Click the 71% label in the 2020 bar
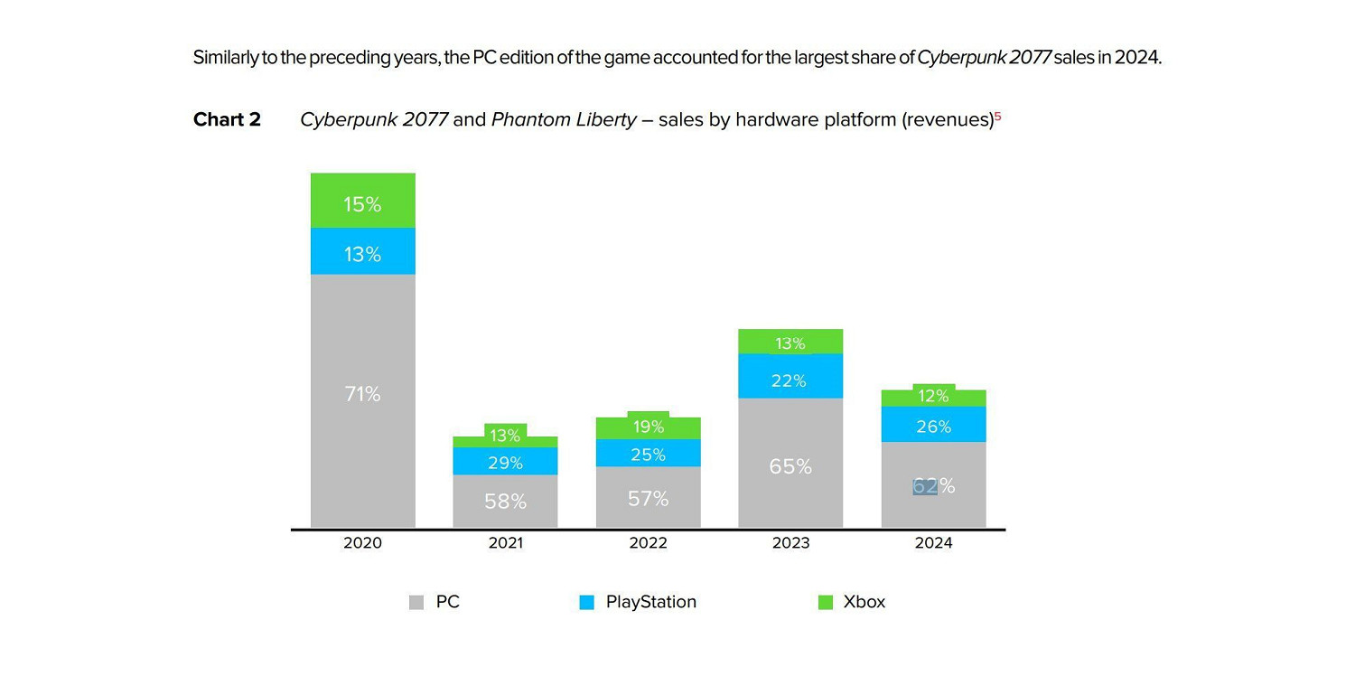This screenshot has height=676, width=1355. [362, 394]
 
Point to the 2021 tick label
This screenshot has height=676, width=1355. [505, 543]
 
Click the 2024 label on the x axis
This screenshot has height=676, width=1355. [933, 543]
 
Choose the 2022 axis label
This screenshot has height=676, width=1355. [648, 543]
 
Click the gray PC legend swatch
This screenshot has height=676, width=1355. [416, 603]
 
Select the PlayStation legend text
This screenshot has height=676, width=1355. [650, 602]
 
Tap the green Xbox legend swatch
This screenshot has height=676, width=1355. [825, 603]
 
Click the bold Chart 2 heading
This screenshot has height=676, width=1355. [227, 119]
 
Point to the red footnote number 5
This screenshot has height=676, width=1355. [998, 116]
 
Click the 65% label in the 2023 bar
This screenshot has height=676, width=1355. [790, 466]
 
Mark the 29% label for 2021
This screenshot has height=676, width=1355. [505, 463]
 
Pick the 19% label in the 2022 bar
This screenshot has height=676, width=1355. [648, 427]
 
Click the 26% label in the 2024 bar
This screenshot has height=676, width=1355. [933, 427]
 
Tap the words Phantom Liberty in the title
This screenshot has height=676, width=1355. [564, 119]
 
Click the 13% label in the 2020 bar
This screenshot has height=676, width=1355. [362, 255]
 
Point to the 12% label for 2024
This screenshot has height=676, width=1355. [933, 396]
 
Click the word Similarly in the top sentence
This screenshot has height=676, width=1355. [222, 58]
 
